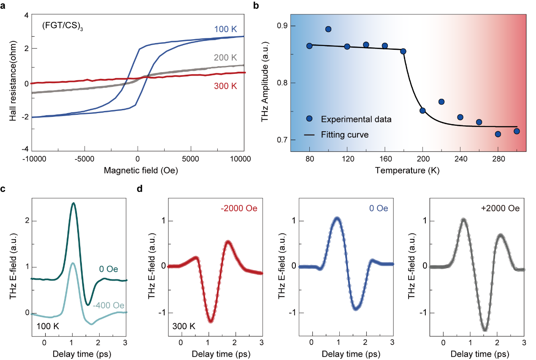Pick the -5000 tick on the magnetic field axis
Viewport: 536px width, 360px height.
coord(84,159)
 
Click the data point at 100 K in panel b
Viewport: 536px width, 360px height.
coord(328,29)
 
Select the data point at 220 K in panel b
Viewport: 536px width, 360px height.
coord(441,102)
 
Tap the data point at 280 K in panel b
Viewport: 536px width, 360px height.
coord(498,134)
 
